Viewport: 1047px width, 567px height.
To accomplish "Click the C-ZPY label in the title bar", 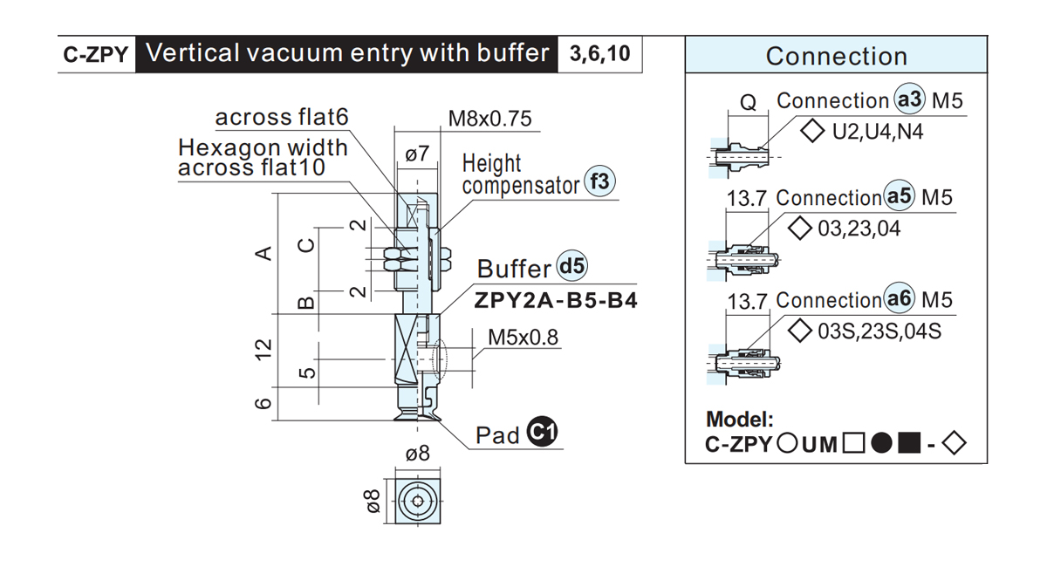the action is pos(96,55).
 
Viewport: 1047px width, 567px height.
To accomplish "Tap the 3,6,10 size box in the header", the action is pos(599,54).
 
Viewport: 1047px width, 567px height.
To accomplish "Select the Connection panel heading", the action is pos(836,56).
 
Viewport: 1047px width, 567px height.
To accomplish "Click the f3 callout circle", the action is pos(599,181).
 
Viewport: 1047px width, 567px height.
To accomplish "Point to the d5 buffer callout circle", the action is pos(572,266).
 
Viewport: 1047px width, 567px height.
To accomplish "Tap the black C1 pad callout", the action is pos(542,431).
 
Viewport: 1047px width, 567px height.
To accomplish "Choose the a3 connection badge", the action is pos(909,99).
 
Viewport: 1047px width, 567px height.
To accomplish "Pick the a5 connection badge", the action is pos(900,195).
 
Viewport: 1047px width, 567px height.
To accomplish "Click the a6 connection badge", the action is pos(900,298).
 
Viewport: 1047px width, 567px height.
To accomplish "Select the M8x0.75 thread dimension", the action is pos(489,119).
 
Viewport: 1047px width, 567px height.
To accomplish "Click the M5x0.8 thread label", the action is pos(523,337).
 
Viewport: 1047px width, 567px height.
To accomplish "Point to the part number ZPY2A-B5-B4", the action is pos(556,300).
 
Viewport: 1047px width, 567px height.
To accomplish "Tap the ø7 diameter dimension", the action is pos(417,154).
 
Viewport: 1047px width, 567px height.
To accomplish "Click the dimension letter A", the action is pos(263,253).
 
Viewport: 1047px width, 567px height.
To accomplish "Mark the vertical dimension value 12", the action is pos(263,349).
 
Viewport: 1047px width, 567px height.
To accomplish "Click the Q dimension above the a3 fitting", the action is pos(748,102).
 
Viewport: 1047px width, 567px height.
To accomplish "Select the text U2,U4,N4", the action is pos(878,132).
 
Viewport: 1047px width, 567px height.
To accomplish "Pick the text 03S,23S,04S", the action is pos(879,331).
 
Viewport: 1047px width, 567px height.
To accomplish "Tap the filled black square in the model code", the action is pos(909,442).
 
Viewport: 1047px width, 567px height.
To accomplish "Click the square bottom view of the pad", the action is pos(418,501).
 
